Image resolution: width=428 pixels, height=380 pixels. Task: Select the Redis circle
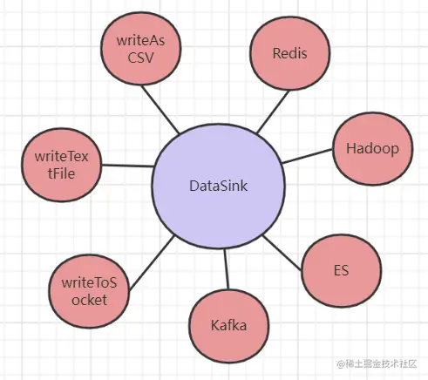click(x=289, y=54)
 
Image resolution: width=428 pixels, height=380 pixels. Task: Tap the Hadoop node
click(x=372, y=148)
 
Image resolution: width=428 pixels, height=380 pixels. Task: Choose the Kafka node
click(x=228, y=326)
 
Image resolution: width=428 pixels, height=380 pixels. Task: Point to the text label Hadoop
click(x=372, y=148)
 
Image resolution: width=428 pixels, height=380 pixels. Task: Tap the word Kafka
click(x=228, y=326)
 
